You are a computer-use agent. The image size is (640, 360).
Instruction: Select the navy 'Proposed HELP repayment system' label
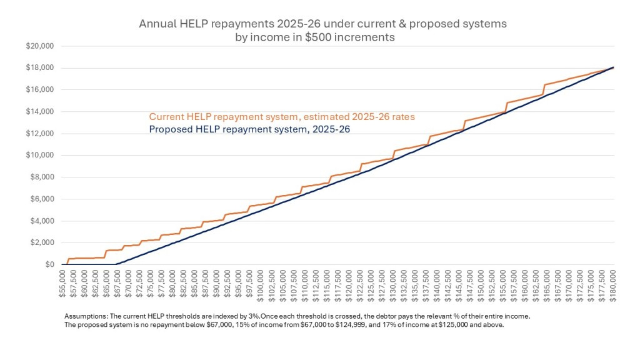249,129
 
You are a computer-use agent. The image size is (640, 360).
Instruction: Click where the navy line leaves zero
116,264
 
